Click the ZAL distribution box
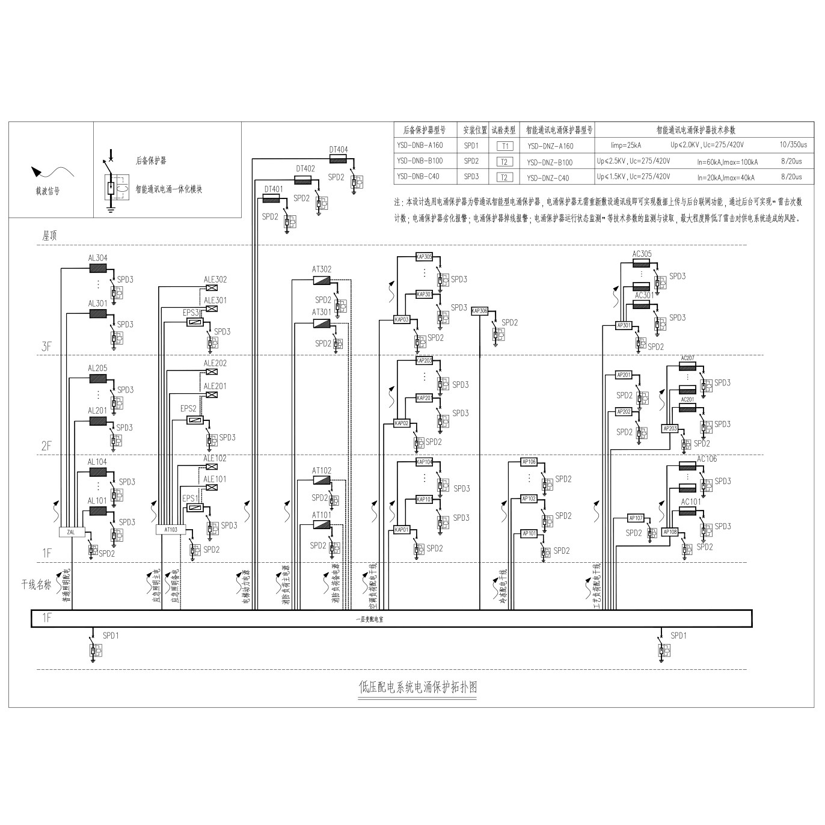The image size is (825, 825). click(x=72, y=532)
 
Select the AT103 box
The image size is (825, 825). click(x=171, y=530)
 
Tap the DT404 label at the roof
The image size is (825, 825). click(x=339, y=150)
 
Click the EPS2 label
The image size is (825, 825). click(x=189, y=409)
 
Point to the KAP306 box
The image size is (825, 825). click(x=480, y=311)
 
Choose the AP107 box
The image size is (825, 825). click(x=636, y=518)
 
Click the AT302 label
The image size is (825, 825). click(x=322, y=269)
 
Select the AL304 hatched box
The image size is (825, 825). click(x=97, y=268)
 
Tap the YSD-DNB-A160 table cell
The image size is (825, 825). click(x=420, y=146)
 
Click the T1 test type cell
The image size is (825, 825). click(x=505, y=146)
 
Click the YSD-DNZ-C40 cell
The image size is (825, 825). click(x=548, y=178)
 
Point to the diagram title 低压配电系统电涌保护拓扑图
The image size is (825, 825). click(x=418, y=687)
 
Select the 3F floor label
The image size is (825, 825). click(x=47, y=346)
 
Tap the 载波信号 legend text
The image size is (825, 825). click(x=48, y=191)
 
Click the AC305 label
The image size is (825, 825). click(x=642, y=254)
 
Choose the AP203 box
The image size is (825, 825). click(x=670, y=429)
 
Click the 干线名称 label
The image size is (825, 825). click(x=36, y=584)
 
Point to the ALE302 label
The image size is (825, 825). click(x=215, y=280)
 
